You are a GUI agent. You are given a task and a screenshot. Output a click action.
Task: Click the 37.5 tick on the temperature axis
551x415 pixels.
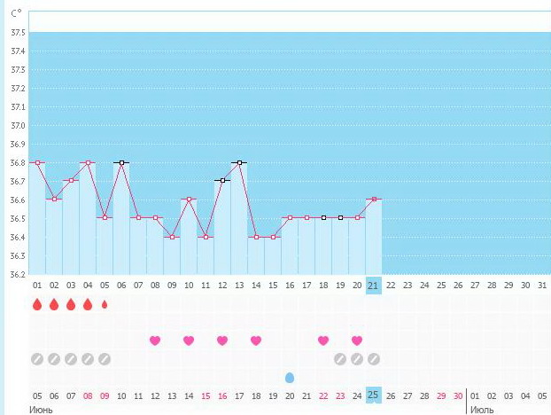(16, 33)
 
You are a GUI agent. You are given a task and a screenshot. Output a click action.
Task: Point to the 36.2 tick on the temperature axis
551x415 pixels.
(16, 274)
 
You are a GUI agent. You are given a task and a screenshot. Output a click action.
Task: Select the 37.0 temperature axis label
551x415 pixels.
(16, 125)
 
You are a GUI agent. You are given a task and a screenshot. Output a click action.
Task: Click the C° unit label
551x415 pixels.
(16, 15)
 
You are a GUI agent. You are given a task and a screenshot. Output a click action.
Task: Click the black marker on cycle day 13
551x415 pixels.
(239, 162)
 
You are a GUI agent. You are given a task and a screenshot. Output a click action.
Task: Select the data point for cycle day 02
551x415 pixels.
(54, 199)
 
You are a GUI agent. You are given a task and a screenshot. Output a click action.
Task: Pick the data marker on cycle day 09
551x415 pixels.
(172, 237)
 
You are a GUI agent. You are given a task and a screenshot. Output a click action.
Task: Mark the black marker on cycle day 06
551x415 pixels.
(121, 162)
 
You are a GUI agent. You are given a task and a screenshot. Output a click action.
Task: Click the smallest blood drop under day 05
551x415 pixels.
(105, 305)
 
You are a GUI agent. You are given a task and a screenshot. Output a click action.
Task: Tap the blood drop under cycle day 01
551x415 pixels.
(37, 305)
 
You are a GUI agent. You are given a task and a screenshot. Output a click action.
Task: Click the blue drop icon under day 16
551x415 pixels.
(290, 377)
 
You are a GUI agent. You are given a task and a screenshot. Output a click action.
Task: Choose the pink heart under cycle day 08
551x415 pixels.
(155, 341)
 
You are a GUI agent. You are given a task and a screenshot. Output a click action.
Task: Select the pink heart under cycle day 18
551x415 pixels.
(323, 341)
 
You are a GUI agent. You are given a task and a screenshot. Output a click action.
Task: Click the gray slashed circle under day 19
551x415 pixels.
(340, 359)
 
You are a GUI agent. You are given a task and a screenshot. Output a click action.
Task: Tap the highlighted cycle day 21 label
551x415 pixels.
(374, 286)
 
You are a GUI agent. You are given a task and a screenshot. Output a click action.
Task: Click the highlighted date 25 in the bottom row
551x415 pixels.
(374, 395)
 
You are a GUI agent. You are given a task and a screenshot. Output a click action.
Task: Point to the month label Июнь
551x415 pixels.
(41, 409)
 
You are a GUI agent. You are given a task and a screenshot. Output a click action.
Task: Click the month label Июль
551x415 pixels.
(483, 409)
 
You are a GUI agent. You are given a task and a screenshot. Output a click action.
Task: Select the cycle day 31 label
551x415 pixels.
(542, 286)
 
